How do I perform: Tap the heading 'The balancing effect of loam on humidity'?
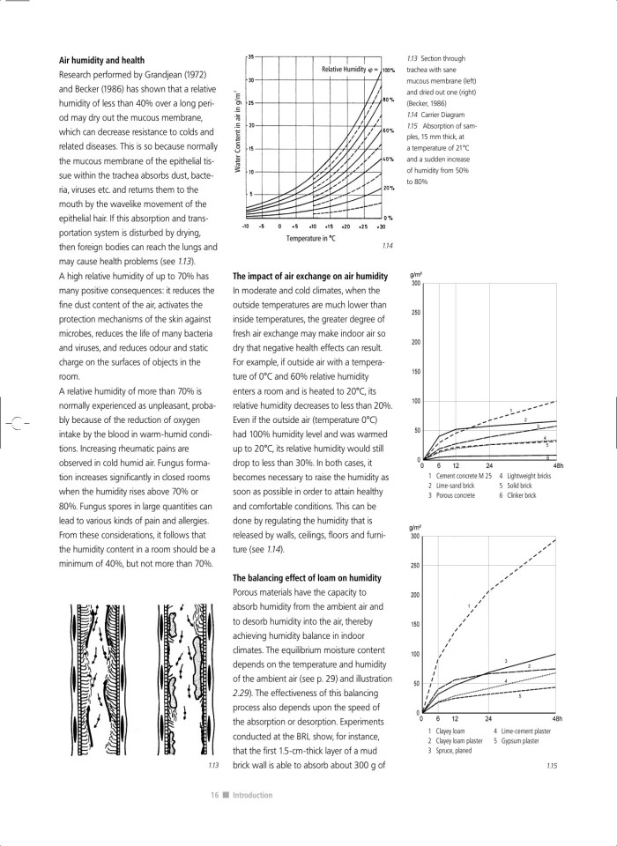click(x=307, y=577)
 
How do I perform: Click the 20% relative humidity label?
click(x=387, y=189)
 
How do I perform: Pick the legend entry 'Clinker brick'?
click(x=519, y=495)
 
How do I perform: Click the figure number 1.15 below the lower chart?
click(x=552, y=766)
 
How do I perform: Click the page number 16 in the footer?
click(x=214, y=795)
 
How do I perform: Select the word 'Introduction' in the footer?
click(x=252, y=795)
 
